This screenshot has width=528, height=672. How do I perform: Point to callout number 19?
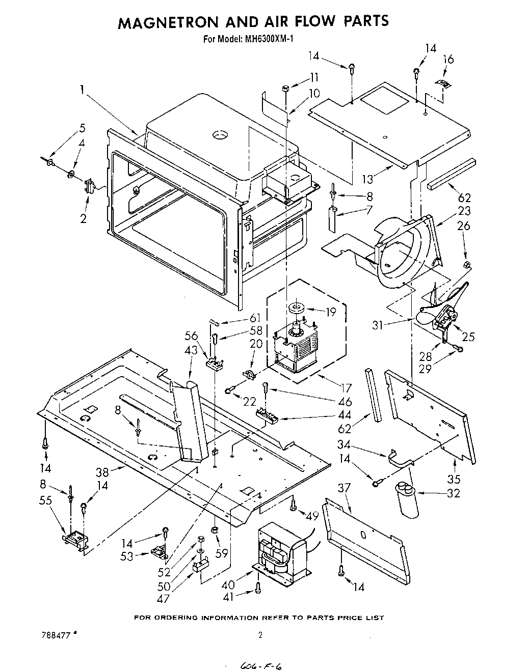[331, 312]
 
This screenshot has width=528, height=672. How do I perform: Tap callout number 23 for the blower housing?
[464, 211]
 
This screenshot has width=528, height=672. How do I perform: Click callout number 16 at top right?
[447, 60]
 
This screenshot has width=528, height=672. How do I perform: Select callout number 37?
[345, 488]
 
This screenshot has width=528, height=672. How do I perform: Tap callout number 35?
[454, 479]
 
